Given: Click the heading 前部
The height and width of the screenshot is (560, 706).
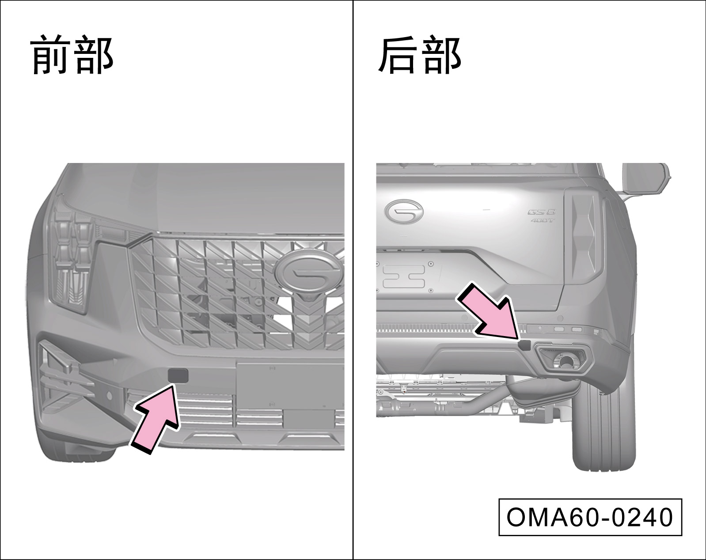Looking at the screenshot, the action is point(72,55).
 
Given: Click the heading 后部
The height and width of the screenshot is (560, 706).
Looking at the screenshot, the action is point(420,55).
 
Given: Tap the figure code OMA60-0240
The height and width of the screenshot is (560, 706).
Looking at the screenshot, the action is point(590,517).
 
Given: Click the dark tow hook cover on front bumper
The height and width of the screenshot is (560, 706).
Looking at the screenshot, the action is point(178,376).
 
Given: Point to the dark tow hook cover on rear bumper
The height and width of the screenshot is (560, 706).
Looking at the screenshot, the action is point(524,345).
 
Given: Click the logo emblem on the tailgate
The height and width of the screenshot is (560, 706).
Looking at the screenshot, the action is point(403,212).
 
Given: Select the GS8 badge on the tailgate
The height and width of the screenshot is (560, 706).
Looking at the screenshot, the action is point(542,212).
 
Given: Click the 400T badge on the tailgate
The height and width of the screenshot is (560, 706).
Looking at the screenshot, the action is point(542,220).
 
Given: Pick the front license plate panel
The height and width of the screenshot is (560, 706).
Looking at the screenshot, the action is point(290,386).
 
